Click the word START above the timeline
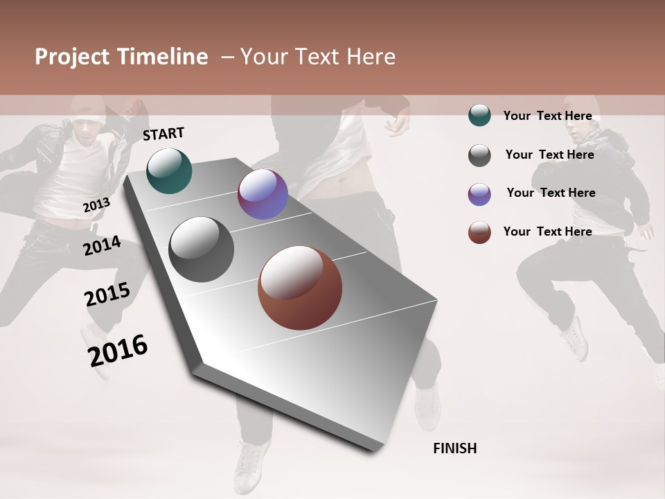[x=163, y=134]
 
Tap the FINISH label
[x=454, y=448]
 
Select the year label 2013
[x=96, y=205]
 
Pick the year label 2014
[x=102, y=245]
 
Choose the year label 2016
[x=118, y=350]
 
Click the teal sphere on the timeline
[x=169, y=170]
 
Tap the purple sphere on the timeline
[x=263, y=194]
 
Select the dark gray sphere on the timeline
[x=202, y=249]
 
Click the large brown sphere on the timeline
[x=300, y=288]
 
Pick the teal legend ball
[x=479, y=116]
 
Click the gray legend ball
[x=479, y=155]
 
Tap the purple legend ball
[x=479, y=194]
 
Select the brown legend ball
[x=479, y=232]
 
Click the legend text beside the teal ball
[x=547, y=116]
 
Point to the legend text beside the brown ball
[x=547, y=231]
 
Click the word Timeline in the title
[x=163, y=57]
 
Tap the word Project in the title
[x=72, y=57]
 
